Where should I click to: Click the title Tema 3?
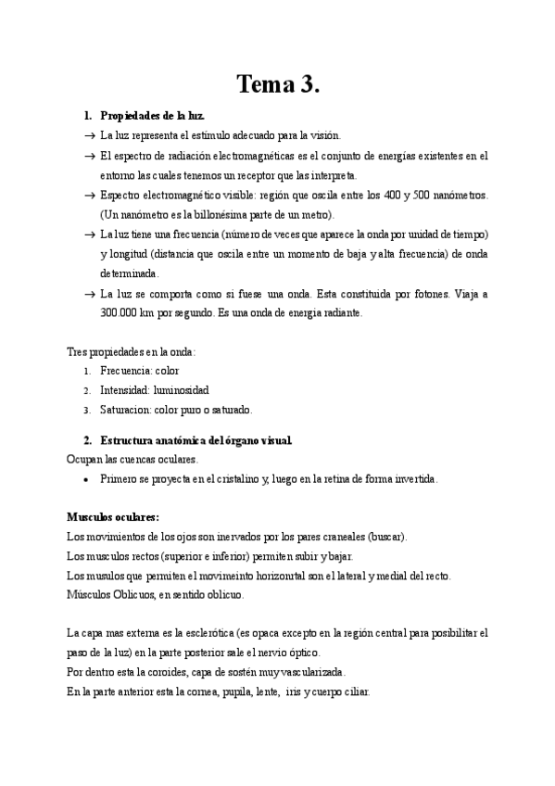tap(277, 84)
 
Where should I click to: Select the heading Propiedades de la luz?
tap(151, 117)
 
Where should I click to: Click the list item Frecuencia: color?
tap(141, 371)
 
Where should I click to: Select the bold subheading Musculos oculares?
tap(113, 516)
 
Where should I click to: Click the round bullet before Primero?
tap(85, 479)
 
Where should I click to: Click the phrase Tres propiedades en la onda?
tap(131, 351)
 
